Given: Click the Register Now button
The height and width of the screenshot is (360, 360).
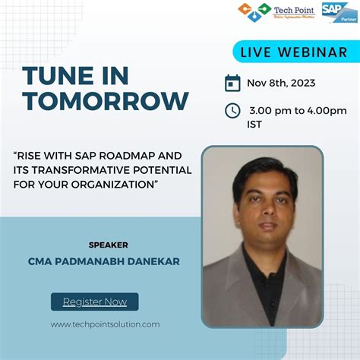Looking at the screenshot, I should coord(95,302).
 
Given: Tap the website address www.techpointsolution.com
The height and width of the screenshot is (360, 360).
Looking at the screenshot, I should coord(106,324).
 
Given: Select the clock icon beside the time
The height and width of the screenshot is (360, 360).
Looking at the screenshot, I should coord(233,111).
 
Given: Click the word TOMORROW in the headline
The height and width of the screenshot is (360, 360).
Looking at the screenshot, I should coord(106,100).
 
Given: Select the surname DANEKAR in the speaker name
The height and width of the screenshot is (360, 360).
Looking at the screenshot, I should coord(160,261).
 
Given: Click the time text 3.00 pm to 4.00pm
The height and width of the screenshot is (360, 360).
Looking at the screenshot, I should coord(297,111).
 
